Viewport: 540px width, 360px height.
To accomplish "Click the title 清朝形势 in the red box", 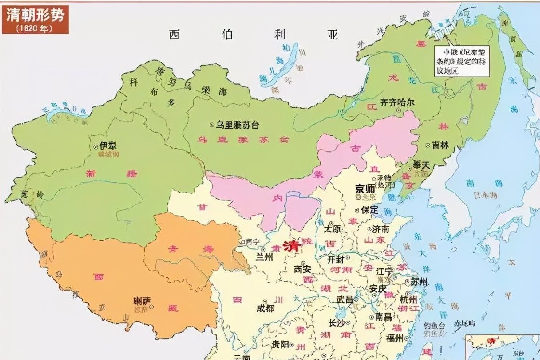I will pyautogui.click(x=35, y=15).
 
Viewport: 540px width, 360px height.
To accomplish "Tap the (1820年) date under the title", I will pyautogui.click(x=34, y=28).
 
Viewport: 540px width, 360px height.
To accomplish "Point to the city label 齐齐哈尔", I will pyautogui.click(x=397, y=103).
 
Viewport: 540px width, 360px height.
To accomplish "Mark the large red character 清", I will pyautogui.click(x=292, y=245).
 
